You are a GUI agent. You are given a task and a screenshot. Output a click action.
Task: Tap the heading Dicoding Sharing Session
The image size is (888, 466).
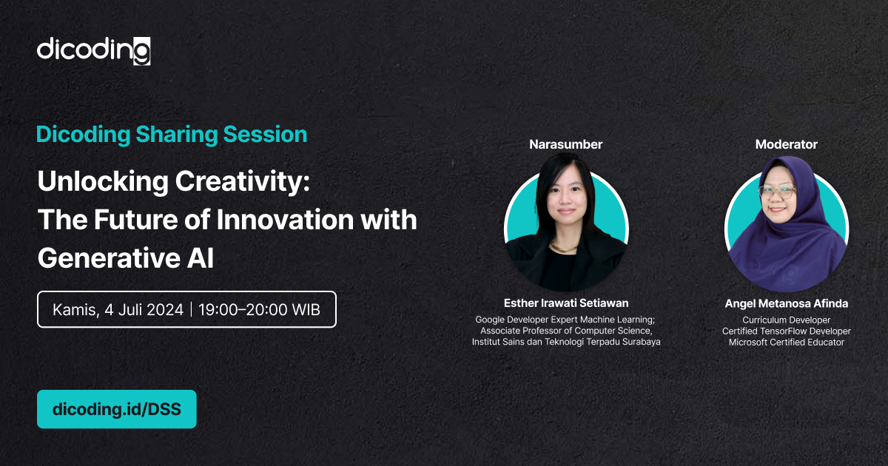[x=172, y=135]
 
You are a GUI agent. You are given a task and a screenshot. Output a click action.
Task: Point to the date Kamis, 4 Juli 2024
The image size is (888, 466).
[x=118, y=310]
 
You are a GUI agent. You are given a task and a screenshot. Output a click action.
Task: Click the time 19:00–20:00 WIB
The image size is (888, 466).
[x=260, y=310]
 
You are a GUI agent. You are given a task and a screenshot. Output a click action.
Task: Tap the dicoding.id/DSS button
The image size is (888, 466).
[x=117, y=409]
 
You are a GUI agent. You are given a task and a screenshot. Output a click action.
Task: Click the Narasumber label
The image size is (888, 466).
[x=565, y=145]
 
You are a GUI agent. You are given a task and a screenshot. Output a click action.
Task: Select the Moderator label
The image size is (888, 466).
[x=786, y=145]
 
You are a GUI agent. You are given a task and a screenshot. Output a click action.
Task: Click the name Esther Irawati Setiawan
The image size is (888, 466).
[x=566, y=303]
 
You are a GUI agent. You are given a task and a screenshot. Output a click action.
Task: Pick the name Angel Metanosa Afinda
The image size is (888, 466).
[x=787, y=303]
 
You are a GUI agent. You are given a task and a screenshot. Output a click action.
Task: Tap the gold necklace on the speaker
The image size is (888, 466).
[x=564, y=249]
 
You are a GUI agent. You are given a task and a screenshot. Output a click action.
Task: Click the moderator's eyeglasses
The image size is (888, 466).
[x=778, y=192]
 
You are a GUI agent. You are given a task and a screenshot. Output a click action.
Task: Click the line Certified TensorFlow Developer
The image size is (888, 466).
[x=787, y=331]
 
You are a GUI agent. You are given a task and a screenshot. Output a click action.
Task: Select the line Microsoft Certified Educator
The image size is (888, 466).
[x=787, y=342]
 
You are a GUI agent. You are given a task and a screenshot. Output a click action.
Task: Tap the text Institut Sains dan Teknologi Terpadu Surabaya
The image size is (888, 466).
[x=566, y=342]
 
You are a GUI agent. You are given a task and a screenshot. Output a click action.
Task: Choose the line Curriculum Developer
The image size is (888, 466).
[x=787, y=320]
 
